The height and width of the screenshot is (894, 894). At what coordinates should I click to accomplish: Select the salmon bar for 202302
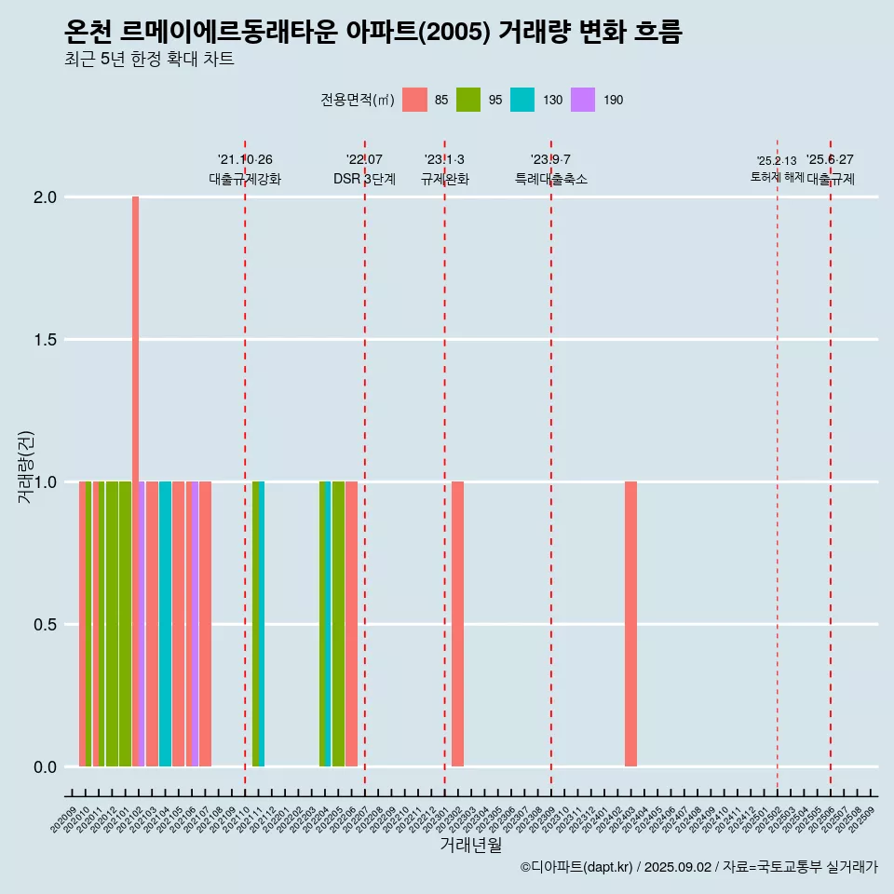457,624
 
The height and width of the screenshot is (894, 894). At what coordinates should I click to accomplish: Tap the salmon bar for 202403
630,624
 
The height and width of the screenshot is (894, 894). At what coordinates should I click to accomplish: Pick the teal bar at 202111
262,624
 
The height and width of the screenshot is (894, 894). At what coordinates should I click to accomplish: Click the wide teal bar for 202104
165,624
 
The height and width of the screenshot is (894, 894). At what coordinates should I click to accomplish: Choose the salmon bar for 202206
351,624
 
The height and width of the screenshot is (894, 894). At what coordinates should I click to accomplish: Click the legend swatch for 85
414,100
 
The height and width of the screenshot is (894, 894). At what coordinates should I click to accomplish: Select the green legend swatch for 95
468,100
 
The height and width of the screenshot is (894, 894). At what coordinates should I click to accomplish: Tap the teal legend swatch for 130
522,100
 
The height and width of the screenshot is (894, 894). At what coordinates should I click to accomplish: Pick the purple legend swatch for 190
582,100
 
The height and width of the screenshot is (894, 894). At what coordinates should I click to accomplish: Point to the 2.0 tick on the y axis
46,197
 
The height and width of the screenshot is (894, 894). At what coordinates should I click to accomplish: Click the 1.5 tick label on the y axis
46,340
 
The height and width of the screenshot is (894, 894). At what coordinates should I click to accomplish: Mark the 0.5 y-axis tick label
46,625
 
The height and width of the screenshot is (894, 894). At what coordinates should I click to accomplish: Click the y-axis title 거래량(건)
25,467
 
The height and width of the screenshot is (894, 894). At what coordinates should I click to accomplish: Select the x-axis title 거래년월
470,846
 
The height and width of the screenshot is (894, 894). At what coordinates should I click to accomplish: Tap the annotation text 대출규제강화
244,179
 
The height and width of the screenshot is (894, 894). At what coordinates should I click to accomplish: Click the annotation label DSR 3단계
364,179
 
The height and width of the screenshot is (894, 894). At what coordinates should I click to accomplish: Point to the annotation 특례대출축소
550,179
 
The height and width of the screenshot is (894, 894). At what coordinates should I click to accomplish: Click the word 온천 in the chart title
89,33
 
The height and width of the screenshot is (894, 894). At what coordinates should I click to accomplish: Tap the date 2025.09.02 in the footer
678,867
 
